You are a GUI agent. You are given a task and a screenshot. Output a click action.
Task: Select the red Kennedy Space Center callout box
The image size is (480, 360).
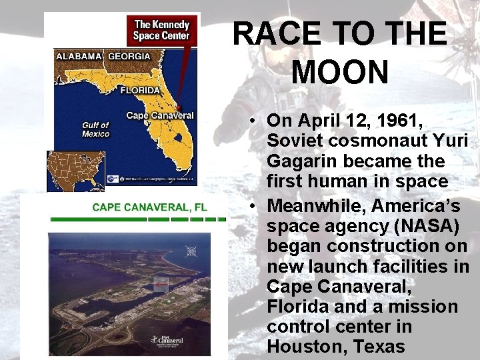[162, 30]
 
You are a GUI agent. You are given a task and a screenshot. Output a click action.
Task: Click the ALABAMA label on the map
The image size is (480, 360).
[79, 57]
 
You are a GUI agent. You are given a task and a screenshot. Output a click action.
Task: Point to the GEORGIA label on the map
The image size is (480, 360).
[130, 57]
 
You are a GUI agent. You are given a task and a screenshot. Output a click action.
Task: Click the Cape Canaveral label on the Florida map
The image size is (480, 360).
[160, 116]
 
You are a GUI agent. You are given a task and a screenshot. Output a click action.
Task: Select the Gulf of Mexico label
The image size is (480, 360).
[95, 129]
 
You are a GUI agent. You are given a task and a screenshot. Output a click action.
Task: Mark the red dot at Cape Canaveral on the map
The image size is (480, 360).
[179, 107]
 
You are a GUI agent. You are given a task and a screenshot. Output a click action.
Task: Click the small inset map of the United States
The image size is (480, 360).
[76, 170]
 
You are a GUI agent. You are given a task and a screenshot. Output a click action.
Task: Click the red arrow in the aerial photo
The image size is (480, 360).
[160, 285]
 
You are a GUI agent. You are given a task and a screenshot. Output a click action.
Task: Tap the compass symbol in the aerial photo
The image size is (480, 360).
[192, 251]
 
